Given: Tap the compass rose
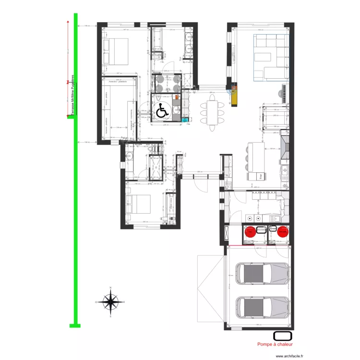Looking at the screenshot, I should click(110, 302).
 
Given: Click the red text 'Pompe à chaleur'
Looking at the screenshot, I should click(275, 344).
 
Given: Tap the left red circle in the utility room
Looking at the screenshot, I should click(251, 231).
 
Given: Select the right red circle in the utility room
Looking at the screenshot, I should click(283, 231).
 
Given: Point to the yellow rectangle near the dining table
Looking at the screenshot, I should click(234, 96).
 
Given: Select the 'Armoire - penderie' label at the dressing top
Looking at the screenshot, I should click(118, 83).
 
